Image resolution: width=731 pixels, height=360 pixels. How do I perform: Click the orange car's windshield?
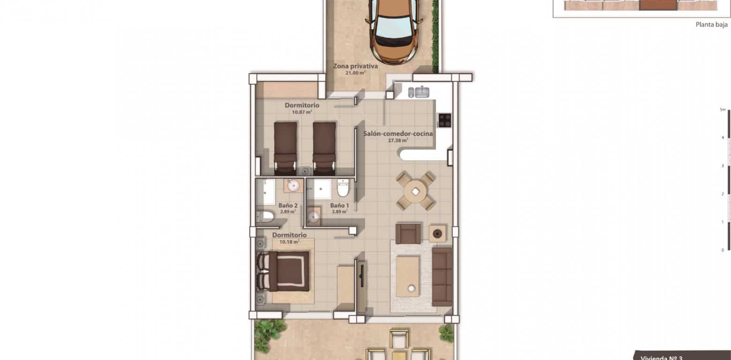pos(394,28)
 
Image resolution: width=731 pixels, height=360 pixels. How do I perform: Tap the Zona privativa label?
pos(355,66)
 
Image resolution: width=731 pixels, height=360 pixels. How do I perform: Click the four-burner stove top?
pos(444,120)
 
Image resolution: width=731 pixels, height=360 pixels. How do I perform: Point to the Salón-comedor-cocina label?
pos(398,134)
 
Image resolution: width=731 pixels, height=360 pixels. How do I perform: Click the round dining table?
pos(415,191)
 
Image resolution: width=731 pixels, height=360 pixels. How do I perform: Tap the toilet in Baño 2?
pos(265,217)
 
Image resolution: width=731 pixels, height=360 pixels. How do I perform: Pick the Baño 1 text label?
pos(339,205)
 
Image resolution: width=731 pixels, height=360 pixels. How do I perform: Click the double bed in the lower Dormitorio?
pos(283,271)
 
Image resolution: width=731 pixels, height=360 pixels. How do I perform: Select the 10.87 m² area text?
pos(302,112)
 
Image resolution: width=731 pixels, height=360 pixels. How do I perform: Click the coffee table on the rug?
pos(408,277)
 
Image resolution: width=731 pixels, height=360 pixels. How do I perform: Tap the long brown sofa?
pos(441,277)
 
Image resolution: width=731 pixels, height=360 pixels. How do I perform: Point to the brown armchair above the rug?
pos(408,233)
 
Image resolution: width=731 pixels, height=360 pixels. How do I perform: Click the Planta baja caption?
pos(711,25)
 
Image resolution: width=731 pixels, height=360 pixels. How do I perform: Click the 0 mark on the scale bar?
pos(723,250)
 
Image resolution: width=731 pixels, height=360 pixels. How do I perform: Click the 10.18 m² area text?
pos(290,242)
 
